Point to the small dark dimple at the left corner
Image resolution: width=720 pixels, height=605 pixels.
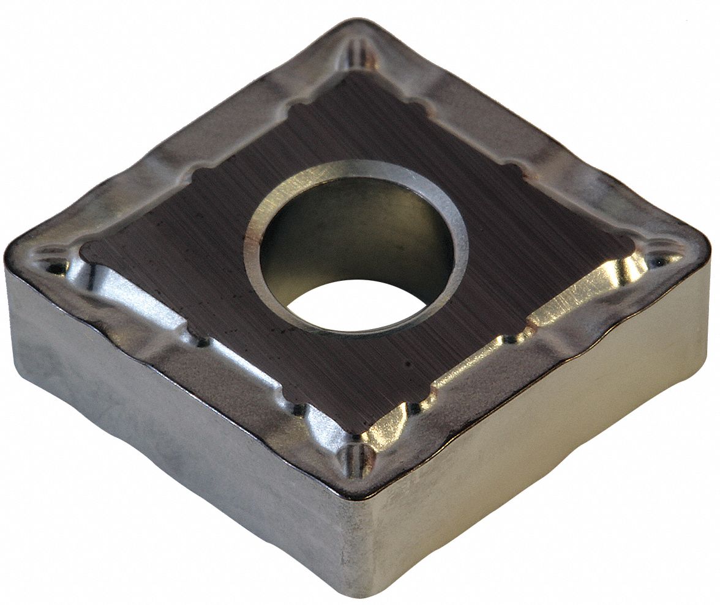56,267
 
